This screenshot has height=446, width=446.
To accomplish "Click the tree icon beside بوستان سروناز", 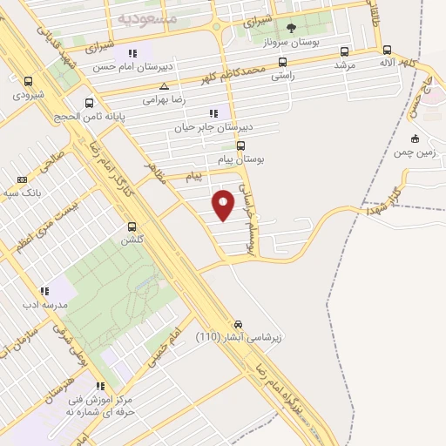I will pos(291,28).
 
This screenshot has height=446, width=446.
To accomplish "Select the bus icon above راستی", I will pos(281,63).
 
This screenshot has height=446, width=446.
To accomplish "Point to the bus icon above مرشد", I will pos(345,51).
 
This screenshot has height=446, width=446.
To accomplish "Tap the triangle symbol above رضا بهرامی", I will pos(165,86).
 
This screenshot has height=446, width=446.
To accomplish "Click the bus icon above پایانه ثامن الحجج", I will pos(88,103).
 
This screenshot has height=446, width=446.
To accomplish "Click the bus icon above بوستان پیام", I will pos(241,145).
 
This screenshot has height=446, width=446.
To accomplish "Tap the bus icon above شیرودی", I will pos(29,81).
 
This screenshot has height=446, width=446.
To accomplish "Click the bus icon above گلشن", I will pos(131,226).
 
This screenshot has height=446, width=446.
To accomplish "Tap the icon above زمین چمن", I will pos(415,139).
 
